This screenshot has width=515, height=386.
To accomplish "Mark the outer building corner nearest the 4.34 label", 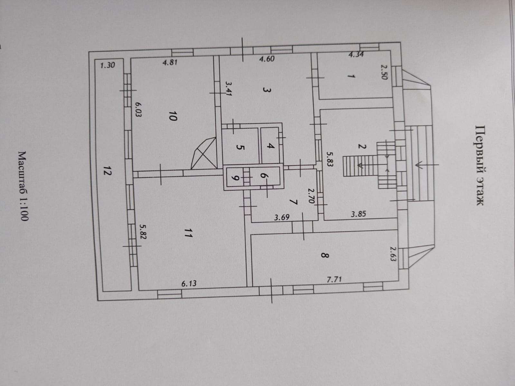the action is pos(400,42).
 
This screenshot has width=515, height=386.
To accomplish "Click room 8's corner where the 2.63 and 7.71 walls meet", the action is pos(398,280).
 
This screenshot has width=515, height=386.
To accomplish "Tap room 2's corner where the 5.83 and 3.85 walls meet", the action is pos(324,220).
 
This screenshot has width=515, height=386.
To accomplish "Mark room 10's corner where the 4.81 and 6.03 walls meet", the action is pos(131,58).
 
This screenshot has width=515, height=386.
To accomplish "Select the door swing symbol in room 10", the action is pos(204,153).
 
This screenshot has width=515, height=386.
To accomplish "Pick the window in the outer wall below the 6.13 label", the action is pos(169,294).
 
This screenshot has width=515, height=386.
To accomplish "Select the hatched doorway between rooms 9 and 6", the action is pos(246,178).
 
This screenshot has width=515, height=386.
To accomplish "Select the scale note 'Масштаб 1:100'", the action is pos(23,186).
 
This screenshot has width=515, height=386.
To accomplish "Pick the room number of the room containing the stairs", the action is pos(362,147).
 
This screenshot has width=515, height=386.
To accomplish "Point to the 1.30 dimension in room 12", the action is pos(108,65).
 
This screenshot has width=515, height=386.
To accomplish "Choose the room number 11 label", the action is pos(188,233).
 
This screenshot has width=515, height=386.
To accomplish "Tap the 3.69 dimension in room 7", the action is pos(282,217).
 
